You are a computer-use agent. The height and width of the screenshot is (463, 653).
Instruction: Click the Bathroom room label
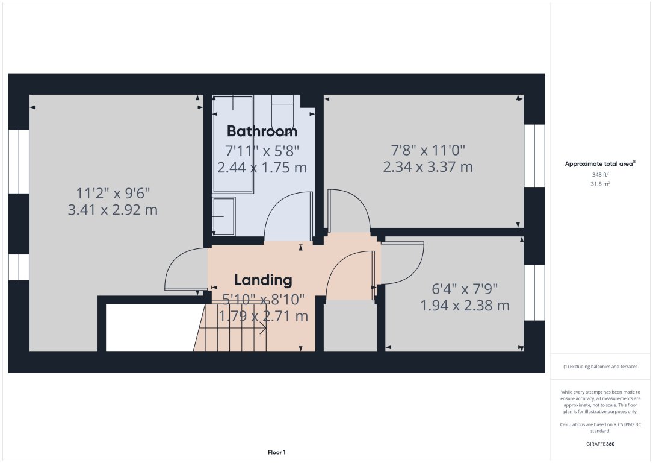click(x=262, y=131)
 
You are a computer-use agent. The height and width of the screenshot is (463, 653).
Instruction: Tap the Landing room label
click(x=263, y=280)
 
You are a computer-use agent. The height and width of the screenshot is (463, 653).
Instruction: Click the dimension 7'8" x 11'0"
click(x=428, y=150)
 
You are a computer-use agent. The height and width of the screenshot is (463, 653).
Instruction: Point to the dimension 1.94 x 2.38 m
click(x=465, y=306)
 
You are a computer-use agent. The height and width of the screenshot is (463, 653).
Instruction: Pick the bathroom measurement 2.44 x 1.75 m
click(x=262, y=168)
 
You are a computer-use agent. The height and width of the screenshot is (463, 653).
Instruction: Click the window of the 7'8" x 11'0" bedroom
click(x=534, y=156)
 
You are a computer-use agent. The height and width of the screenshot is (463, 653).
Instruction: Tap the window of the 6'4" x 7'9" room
click(x=534, y=292)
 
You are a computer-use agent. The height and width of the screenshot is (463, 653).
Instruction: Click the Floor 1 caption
click(x=276, y=452)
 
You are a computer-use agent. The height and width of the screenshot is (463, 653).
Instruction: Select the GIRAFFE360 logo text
click(x=600, y=444)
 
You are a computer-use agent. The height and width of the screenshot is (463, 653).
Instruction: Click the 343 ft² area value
click(x=600, y=175)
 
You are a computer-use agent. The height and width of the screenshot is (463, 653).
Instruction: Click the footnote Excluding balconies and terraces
click(x=600, y=367)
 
